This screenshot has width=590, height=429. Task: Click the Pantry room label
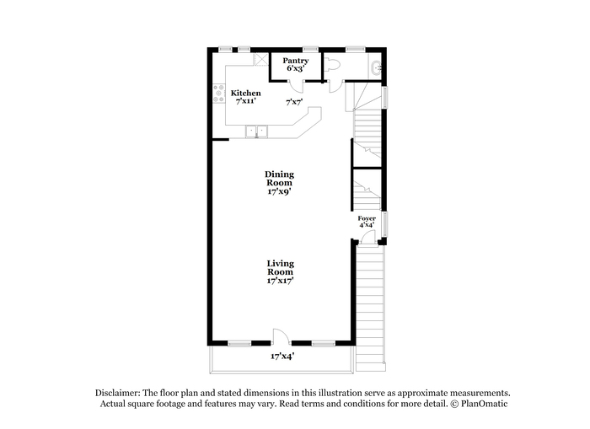[295, 60]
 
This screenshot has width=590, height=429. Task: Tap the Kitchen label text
[246, 93]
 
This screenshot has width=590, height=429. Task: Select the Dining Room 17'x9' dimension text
[280, 191]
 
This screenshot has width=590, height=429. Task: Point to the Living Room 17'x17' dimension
[281, 281]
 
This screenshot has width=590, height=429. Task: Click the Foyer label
[367, 218]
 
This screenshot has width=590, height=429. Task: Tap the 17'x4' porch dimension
[282, 356]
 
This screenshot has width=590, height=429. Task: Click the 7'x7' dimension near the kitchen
[294, 102]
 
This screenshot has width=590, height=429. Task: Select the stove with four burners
[218, 94]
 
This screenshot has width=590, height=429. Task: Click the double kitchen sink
[256, 131]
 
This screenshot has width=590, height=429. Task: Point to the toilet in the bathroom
[331, 64]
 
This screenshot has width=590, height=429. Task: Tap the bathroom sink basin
[376, 68]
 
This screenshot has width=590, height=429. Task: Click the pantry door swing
[298, 87]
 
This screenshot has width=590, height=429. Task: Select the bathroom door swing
[335, 87]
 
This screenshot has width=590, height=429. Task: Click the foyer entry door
[368, 238]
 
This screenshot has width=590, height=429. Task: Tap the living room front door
[282, 336]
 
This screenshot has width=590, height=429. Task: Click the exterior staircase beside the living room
[371, 308]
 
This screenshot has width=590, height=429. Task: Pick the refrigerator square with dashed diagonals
[260, 60]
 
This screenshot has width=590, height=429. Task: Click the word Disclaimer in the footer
[118, 394]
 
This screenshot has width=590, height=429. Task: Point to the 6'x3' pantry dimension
[296, 68]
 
